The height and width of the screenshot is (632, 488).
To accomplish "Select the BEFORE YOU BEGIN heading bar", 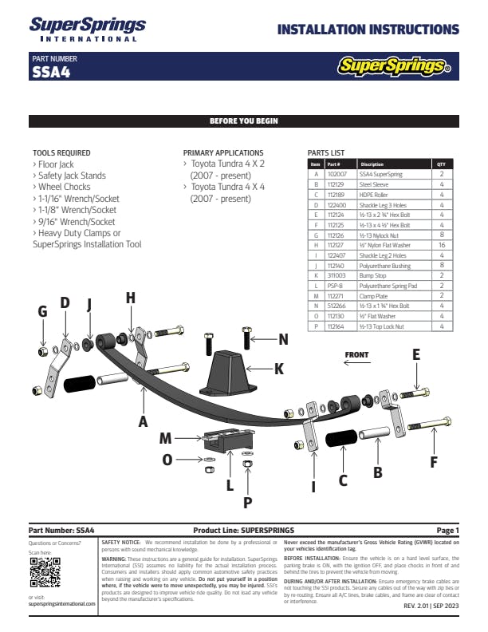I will click(x=243, y=121).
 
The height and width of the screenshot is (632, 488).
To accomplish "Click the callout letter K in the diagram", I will click(x=279, y=369).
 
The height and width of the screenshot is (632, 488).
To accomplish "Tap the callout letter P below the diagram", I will click(x=247, y=503).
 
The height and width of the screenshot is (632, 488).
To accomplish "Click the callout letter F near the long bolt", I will click(x=434, y=461).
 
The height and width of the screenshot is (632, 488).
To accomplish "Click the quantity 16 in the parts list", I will click(x=441, y=246).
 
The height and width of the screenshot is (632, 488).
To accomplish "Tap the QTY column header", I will click(x=441, y=164).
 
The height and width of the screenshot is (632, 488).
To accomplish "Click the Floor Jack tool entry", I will click(x=55, y=164).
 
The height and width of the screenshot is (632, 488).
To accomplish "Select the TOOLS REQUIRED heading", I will click(x=61, y=152).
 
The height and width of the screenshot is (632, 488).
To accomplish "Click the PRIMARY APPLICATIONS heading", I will click(x=223, y=152).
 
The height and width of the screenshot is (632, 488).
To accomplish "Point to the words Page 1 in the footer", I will click(x=447, y=531).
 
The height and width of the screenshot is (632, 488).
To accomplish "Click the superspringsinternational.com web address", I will click(x=61, y=604).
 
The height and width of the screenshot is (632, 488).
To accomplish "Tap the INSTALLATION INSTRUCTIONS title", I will click(x=368, y=30).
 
